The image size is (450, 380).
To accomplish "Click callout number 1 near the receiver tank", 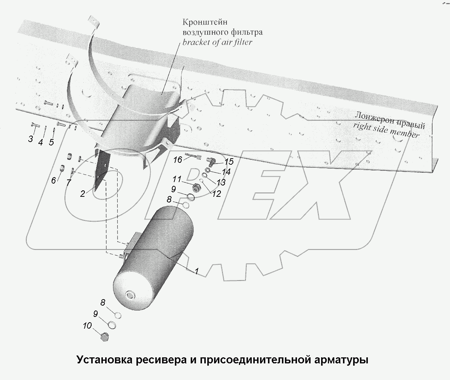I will [196, 271].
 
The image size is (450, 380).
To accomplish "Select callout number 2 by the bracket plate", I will [83, 194].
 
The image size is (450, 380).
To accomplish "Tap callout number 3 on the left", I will [31, 139].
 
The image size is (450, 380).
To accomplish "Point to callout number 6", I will [54, 181].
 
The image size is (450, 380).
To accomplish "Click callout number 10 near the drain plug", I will [87, 325].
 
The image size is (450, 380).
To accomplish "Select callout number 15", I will [229, 162].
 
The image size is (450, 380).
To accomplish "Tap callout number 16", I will [178, 160].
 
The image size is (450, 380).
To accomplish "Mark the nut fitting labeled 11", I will [196, 187].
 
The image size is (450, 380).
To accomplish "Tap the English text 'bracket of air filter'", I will [217, 42].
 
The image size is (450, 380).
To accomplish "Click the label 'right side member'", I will [386, 131].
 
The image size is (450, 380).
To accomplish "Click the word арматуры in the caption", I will [340, 359].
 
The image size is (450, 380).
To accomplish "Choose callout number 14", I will [226, 172].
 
